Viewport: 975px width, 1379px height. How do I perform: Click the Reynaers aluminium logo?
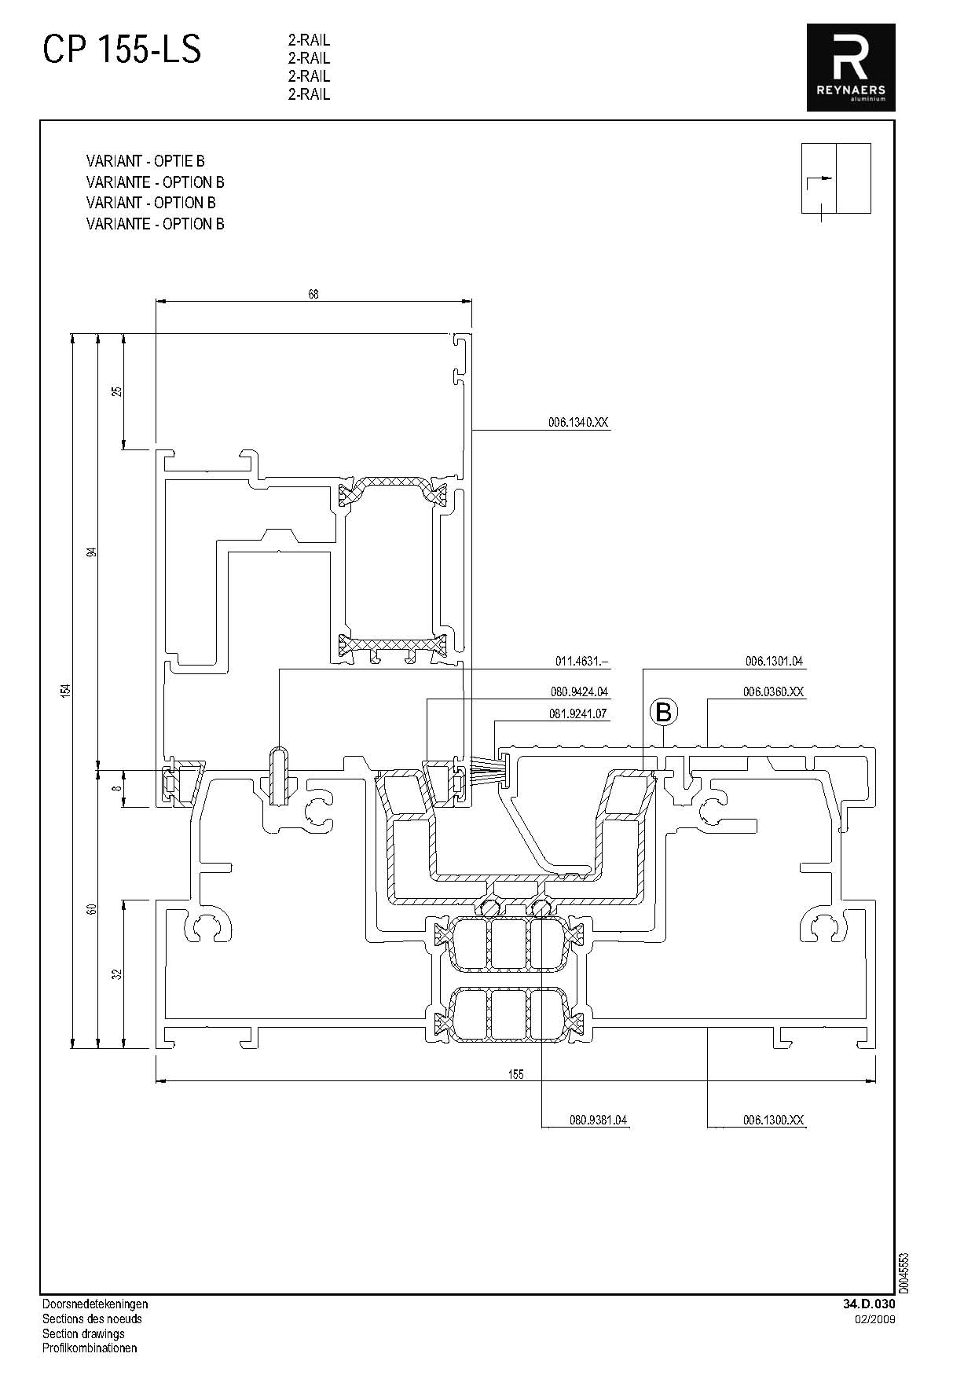851,68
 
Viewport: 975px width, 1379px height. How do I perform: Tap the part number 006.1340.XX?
578,423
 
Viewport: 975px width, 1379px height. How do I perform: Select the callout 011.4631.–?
582,662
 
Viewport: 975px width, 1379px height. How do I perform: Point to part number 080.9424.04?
579,692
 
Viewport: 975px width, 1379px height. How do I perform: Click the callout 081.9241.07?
579,714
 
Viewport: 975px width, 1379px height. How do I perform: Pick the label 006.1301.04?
775,662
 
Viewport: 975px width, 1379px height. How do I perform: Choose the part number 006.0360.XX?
774,692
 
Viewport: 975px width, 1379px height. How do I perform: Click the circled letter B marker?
664,713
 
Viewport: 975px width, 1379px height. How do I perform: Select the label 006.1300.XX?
774,1120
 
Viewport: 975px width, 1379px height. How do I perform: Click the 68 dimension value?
313,295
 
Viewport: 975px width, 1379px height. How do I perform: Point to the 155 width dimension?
515,1074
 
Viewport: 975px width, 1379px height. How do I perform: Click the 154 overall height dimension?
68,691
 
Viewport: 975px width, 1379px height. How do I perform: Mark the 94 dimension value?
92,552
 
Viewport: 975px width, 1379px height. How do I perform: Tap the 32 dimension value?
117,974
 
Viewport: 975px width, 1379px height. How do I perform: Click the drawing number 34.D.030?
869,1304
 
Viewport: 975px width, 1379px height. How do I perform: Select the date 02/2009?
875,1318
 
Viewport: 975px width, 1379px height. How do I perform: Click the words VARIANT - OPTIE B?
145,161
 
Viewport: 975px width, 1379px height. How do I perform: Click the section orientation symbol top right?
836,180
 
